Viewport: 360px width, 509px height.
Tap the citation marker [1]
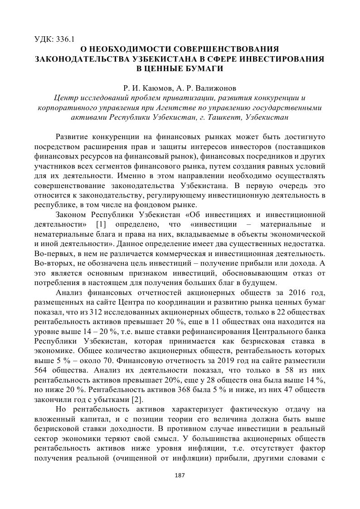click(102, 225)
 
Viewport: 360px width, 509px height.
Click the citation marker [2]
click(137, 399)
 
